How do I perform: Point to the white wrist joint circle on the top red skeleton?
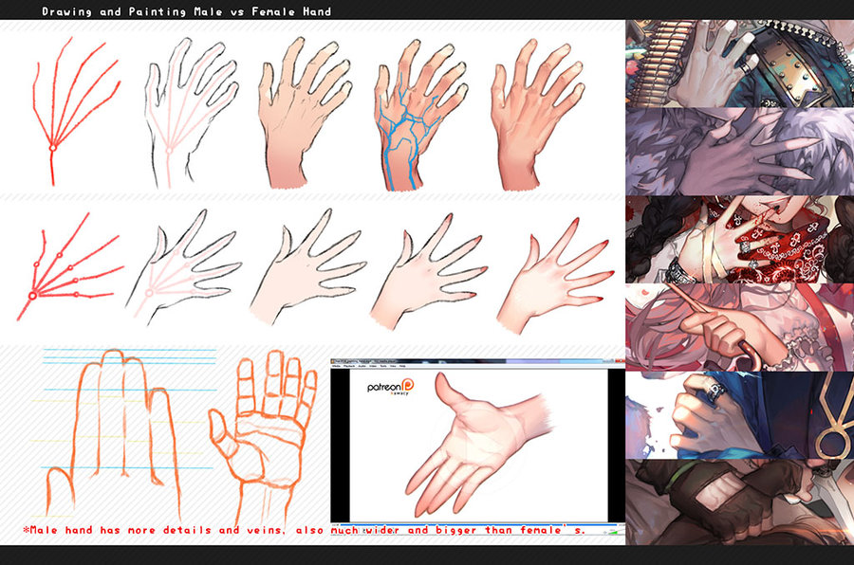(54, 146)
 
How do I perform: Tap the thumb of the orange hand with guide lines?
(59, 483)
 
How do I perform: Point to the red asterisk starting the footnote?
(24, 529)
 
